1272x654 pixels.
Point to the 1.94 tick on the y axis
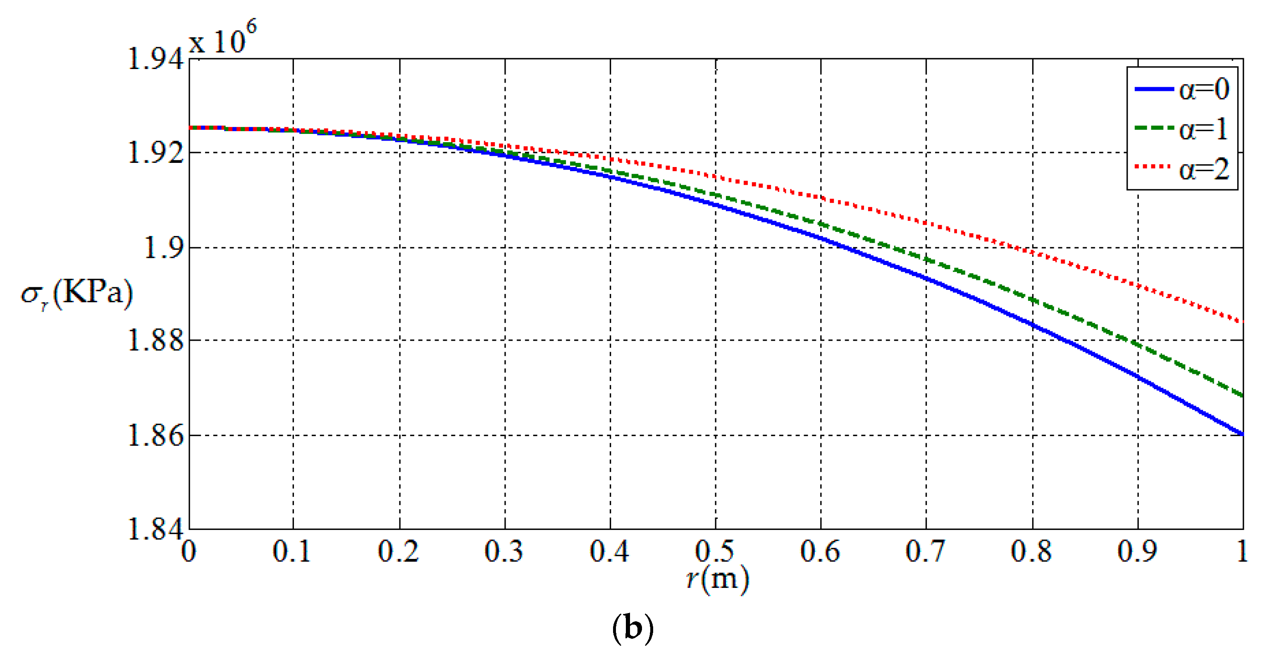coord(155,59)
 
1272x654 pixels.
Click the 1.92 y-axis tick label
coord(155,153)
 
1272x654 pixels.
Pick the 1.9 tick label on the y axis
coord(163,248)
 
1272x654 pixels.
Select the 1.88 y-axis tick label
coord(155,341)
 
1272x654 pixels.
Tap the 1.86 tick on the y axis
coord(155,436)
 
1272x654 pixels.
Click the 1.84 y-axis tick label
coord(155,529)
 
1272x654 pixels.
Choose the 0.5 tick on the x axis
coord(714,551)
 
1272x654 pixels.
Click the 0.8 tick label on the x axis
coord(1031,551)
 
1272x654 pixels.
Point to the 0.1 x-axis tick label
coord(292,551)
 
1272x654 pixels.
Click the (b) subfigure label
coord(632,628)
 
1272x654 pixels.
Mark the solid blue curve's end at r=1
coord(1242,434)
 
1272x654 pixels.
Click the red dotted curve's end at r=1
coord(1242,322)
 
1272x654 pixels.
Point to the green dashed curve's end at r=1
coord(1242,396)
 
